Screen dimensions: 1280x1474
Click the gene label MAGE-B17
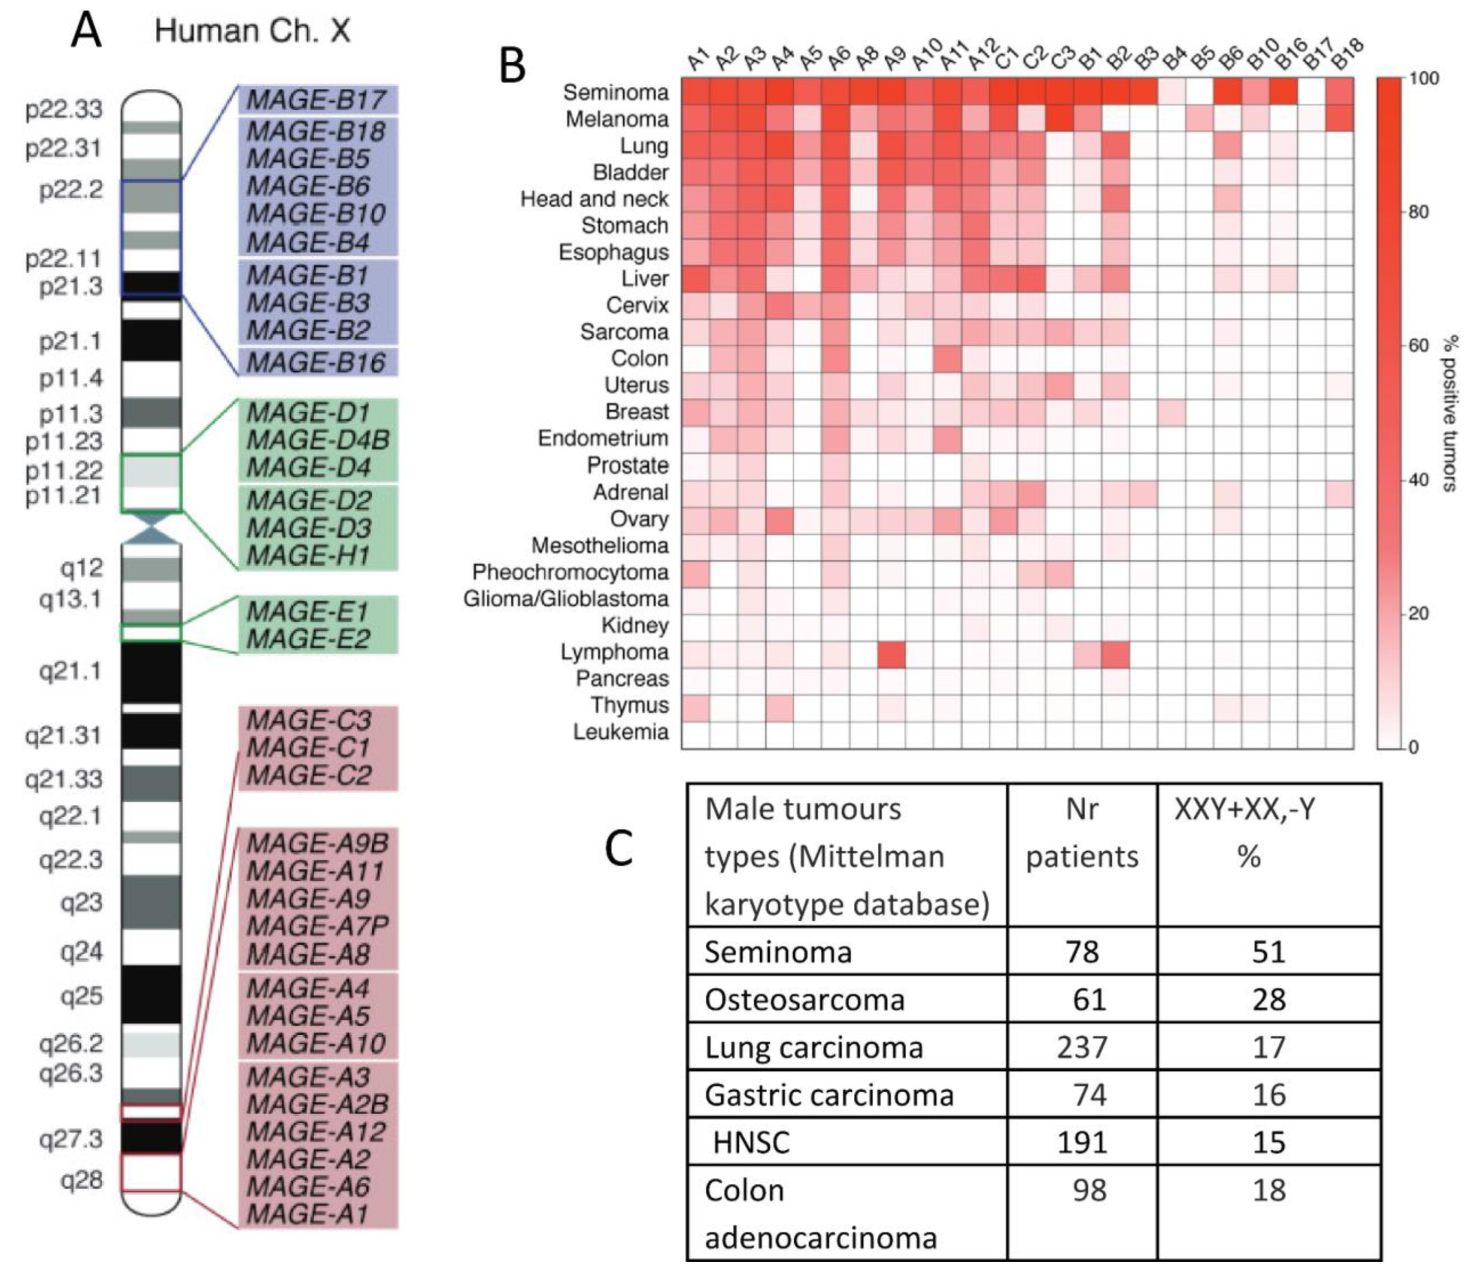click(x=316, y=100)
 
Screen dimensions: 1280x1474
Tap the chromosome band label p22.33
click(x=64, y=109)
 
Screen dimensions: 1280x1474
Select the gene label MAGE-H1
click(x=308, y=555)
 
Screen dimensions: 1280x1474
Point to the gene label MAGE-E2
click(x=308, y=638)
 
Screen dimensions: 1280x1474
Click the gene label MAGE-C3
click(x=308, y=721)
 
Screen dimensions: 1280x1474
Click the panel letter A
click(x=86, y=32)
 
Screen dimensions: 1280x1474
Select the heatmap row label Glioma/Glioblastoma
click(x=566, y=599)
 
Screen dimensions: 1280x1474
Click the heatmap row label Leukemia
click(x=621, y=732)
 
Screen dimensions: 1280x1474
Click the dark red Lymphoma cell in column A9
click(x=892, y=654)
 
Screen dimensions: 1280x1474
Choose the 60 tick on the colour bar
click(x=1418, y=346)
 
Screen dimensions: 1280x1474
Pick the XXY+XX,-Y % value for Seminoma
click(x=1269, y=952)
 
